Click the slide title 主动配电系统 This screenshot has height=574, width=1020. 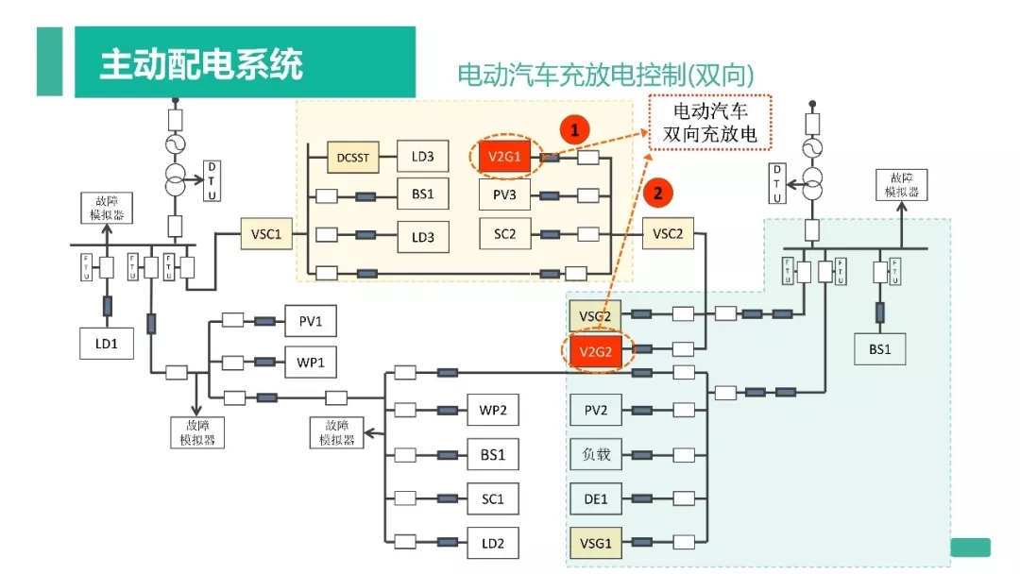click(202, 65)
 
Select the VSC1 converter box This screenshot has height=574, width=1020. click(267, 233)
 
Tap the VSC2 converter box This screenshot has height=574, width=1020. click(668, 233)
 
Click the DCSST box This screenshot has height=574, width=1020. click(353, 157)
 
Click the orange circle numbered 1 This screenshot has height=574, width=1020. click(575, 129)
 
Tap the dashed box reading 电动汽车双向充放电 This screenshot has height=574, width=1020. click(709, 124)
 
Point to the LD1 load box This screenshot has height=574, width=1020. click(107, 344)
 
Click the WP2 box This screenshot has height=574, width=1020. click(493, 411)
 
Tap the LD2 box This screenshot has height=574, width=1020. click(493, 543)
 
